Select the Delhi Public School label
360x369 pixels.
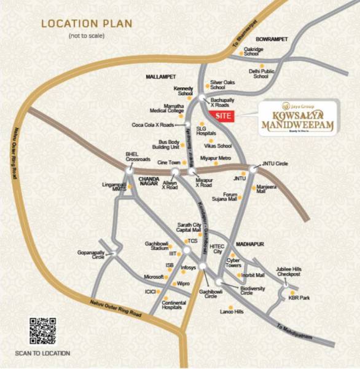260,74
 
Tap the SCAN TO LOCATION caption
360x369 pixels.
42,354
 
